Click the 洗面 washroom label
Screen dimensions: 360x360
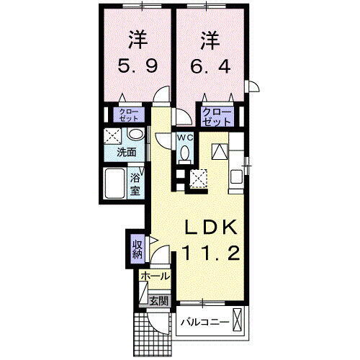point(128,153)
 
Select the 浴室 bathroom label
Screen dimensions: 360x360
point(135,185)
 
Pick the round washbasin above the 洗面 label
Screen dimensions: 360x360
point(135,135)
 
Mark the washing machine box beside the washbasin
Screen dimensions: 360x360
point(113,135)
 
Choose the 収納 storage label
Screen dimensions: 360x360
point(137,249)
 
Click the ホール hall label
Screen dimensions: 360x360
point(154,276)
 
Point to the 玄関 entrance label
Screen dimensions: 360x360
point(158,301)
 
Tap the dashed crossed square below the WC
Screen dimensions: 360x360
point(198,176)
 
